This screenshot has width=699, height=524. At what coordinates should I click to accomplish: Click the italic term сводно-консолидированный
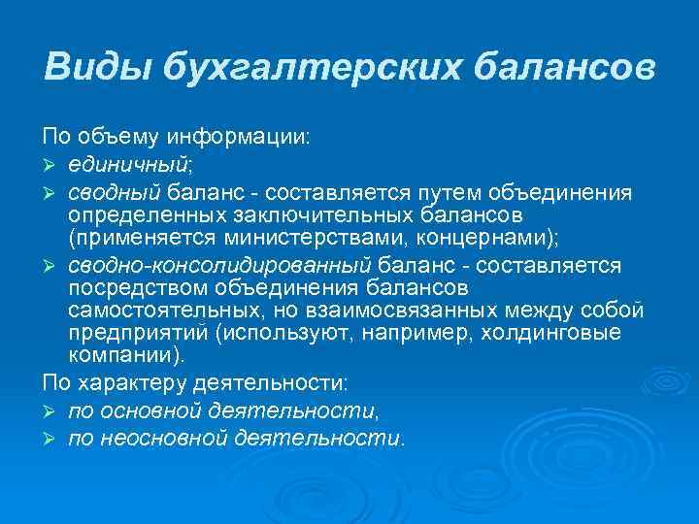click(x=220, y=264)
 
